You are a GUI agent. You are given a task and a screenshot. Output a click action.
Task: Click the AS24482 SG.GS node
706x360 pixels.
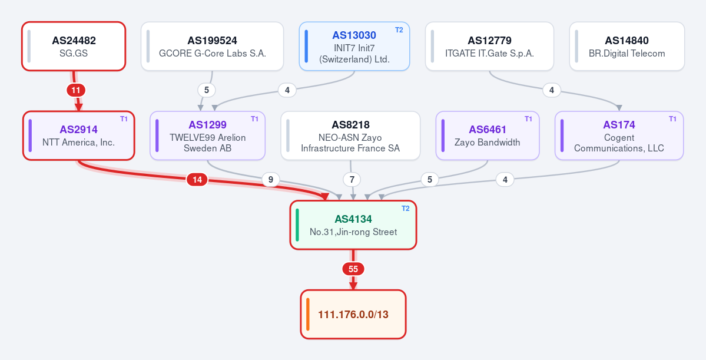[x=74, y=47]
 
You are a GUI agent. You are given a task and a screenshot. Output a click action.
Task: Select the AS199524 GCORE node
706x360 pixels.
[x=213, y=47]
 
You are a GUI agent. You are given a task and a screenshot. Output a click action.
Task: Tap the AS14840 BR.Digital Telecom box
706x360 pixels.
[x=627, y=47]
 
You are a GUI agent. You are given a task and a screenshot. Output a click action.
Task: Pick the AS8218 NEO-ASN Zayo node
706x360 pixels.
[x=350, y=136]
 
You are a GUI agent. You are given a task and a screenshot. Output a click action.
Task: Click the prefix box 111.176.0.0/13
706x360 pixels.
[x=353, y=314]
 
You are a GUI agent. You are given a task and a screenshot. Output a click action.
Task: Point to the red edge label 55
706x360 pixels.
[x=353, y=269]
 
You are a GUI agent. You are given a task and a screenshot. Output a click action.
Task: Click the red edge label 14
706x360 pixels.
[x=197, y=180]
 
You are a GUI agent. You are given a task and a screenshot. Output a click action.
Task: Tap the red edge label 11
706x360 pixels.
[x=76, y=90]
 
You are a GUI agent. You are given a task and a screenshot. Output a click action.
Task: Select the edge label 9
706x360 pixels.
[x=271, y=180]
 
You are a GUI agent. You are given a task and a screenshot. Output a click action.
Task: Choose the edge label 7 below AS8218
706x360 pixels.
[x=352, y=180]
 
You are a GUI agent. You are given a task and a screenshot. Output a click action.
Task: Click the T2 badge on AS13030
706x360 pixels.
[x=399, y=30]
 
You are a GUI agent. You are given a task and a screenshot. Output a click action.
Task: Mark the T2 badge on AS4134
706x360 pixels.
[x=405, y=209]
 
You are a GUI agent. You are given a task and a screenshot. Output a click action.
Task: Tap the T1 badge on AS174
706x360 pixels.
[x=672, y=119]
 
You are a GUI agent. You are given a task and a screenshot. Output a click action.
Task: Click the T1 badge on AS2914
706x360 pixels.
[x=124, y=119]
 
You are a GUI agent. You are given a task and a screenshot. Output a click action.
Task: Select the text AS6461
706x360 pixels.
[x=488, y=130]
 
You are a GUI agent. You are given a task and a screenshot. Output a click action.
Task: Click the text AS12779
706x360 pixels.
[x=490, y=41]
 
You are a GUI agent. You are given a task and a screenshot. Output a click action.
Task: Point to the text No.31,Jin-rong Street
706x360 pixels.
[x=353, y=232]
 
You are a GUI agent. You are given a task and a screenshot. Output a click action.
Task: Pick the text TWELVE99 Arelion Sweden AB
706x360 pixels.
[x=208, y=143]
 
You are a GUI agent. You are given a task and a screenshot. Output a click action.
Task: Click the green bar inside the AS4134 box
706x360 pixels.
[x=297, y=225]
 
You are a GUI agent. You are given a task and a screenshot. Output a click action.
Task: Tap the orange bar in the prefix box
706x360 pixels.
[x=308, y=314]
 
